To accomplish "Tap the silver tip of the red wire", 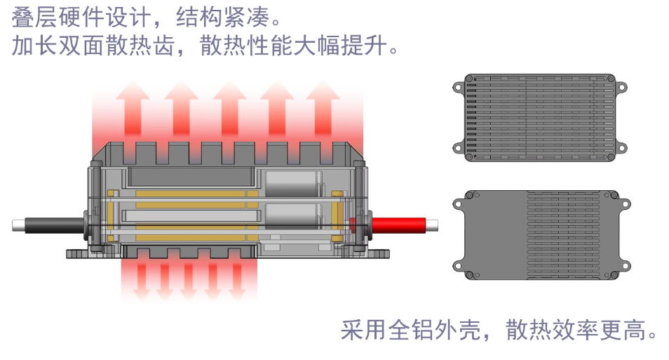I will pyautogui.click(x=433, y=226).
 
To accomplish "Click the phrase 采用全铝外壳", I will pyautogui.click(x=404, y=329).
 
